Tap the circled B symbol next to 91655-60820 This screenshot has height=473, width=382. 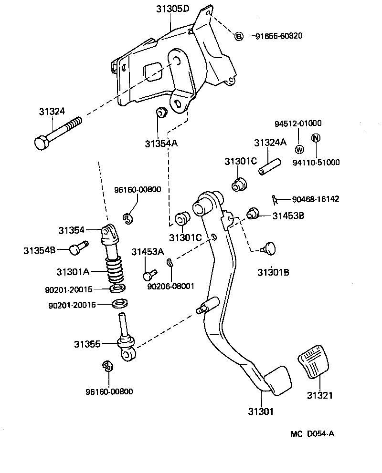[239, 36]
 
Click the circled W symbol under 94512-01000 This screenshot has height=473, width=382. [299, 149]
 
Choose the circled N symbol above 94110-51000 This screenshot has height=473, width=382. [316, 138]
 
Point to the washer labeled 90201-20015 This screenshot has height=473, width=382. [118, 288]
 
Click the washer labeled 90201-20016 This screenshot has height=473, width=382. [119, 304]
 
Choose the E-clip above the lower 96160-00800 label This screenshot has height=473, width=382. [107, 366]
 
